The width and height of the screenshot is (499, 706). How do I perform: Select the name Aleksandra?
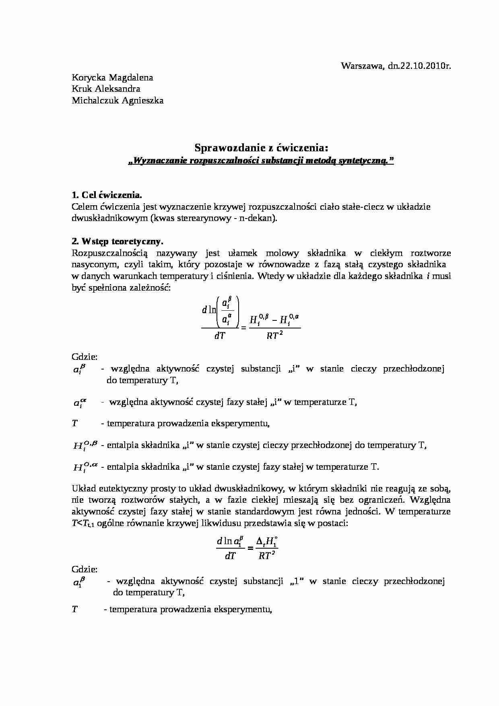(x=120, y=89)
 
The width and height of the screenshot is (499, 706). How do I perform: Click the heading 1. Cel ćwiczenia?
(x=107, y=195)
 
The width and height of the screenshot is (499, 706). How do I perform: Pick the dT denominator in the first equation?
(x=219, y=336)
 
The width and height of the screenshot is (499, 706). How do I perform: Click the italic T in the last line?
(x=75, y=609)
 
